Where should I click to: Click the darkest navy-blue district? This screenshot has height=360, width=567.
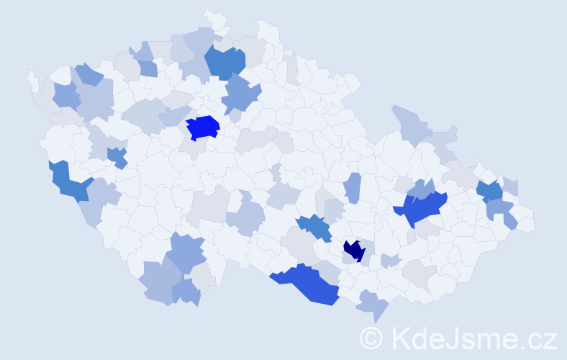click(354, 251)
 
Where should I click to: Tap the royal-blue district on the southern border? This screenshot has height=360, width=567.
click(308, 283)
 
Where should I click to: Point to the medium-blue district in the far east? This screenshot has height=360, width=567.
click(490, 191)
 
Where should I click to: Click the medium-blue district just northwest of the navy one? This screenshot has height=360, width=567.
click(314, 227)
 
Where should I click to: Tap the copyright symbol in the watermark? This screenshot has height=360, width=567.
click(371, 338)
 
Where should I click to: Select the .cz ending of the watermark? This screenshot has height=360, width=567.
click(537, 338)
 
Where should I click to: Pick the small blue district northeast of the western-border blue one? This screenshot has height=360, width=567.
click(117, 156)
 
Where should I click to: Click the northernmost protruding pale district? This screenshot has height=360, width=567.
click(214, 17)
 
